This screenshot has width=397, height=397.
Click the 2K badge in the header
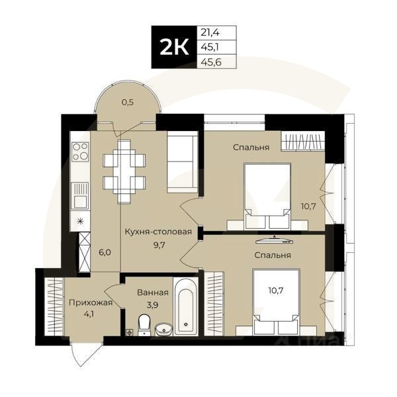173,48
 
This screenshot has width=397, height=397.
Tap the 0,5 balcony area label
128,102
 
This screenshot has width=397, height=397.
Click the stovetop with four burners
80,152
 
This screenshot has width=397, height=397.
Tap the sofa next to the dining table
181,162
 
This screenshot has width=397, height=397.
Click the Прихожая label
91,303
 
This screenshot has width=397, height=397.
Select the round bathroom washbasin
163,328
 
